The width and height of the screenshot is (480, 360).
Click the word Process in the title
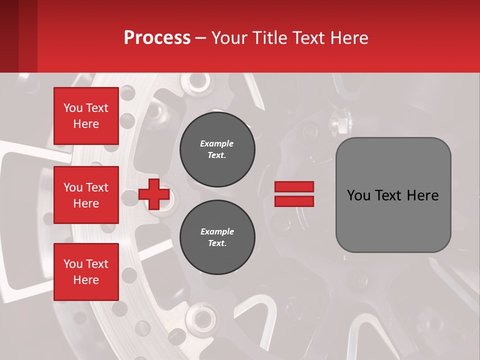click(157, 37)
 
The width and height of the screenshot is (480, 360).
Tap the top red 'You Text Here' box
click(86, 116)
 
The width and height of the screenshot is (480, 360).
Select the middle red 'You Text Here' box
click(86, 195)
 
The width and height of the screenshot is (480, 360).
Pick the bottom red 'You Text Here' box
click(86, 271)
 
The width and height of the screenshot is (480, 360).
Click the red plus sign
click(154, 194)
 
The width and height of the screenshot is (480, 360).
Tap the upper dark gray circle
click(217, 149)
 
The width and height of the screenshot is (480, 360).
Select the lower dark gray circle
click(217, 237)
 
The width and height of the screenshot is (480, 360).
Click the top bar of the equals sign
click(294, 186)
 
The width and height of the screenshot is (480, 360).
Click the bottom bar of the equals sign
click(294, 201)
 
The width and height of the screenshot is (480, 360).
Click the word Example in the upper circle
click(216, 143)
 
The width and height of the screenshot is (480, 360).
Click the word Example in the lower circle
click(217, 231)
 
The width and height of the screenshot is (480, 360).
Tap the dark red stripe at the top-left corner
click(9, 36)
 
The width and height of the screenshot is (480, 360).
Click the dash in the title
click(200, 38)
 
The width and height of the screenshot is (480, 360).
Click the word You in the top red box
click(72, 108)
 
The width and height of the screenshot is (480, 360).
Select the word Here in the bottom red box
click(86, 280)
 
